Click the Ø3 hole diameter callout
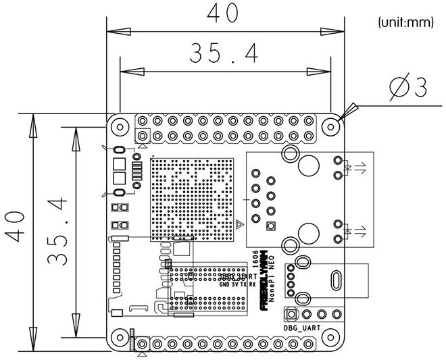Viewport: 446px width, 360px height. tap(410, 88)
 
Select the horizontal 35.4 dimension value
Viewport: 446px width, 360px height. tap(224, 54)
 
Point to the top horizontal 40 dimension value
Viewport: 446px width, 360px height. tap(224, 14)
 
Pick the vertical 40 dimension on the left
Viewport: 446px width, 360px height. tap(17, 231)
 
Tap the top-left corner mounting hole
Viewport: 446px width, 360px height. tap(120, 126)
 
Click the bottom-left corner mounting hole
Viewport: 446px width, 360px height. tap(120, 336)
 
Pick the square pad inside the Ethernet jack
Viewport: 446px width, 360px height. tap(271, 226)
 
